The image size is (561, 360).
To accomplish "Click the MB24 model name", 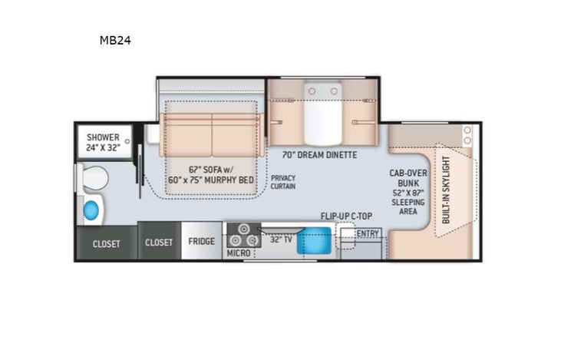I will pyautogui.click(x=114, y=40).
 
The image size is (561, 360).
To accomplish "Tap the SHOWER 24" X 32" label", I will pyautogui.click(x=102, y=142).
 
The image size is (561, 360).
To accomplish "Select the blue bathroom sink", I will pyautogui.click(x=91, y=210).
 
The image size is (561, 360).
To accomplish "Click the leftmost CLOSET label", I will pyautogui.click(x=106, y=244).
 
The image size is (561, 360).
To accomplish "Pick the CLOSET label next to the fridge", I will pyautogui.click(x=159, y=242).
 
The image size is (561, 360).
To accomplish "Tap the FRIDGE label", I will pyautogui.click(x=202, y=242).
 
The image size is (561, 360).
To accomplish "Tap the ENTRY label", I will pyautogui.click(x=368, y=233).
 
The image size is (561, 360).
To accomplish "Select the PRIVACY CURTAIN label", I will pyautogui.click(x=282, y=182).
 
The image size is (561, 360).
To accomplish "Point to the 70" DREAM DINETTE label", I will pyautogui.click(x=319, y=154).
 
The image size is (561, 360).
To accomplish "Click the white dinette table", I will pyautogui.click(x=322, y=115).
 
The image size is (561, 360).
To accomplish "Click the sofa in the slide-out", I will pyautogui.click(x=211, y=134).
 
